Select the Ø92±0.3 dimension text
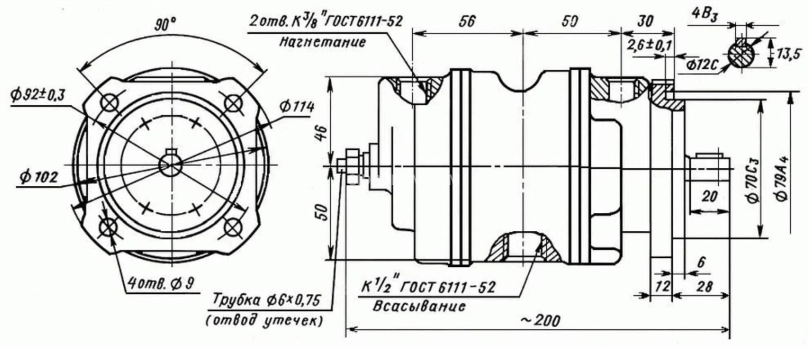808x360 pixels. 38,95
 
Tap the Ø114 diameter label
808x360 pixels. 297,107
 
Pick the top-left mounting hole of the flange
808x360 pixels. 110,103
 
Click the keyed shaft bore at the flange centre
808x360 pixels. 171,164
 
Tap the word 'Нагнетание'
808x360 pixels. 322,42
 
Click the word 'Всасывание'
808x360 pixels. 419,306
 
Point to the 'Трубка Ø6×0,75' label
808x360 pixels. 266,300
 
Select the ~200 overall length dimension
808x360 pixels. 540,320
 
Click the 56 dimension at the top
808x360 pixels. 466,21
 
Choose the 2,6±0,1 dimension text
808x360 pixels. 650,45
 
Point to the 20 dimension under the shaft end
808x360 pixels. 709,196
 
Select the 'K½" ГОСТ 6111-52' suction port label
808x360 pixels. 428,287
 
